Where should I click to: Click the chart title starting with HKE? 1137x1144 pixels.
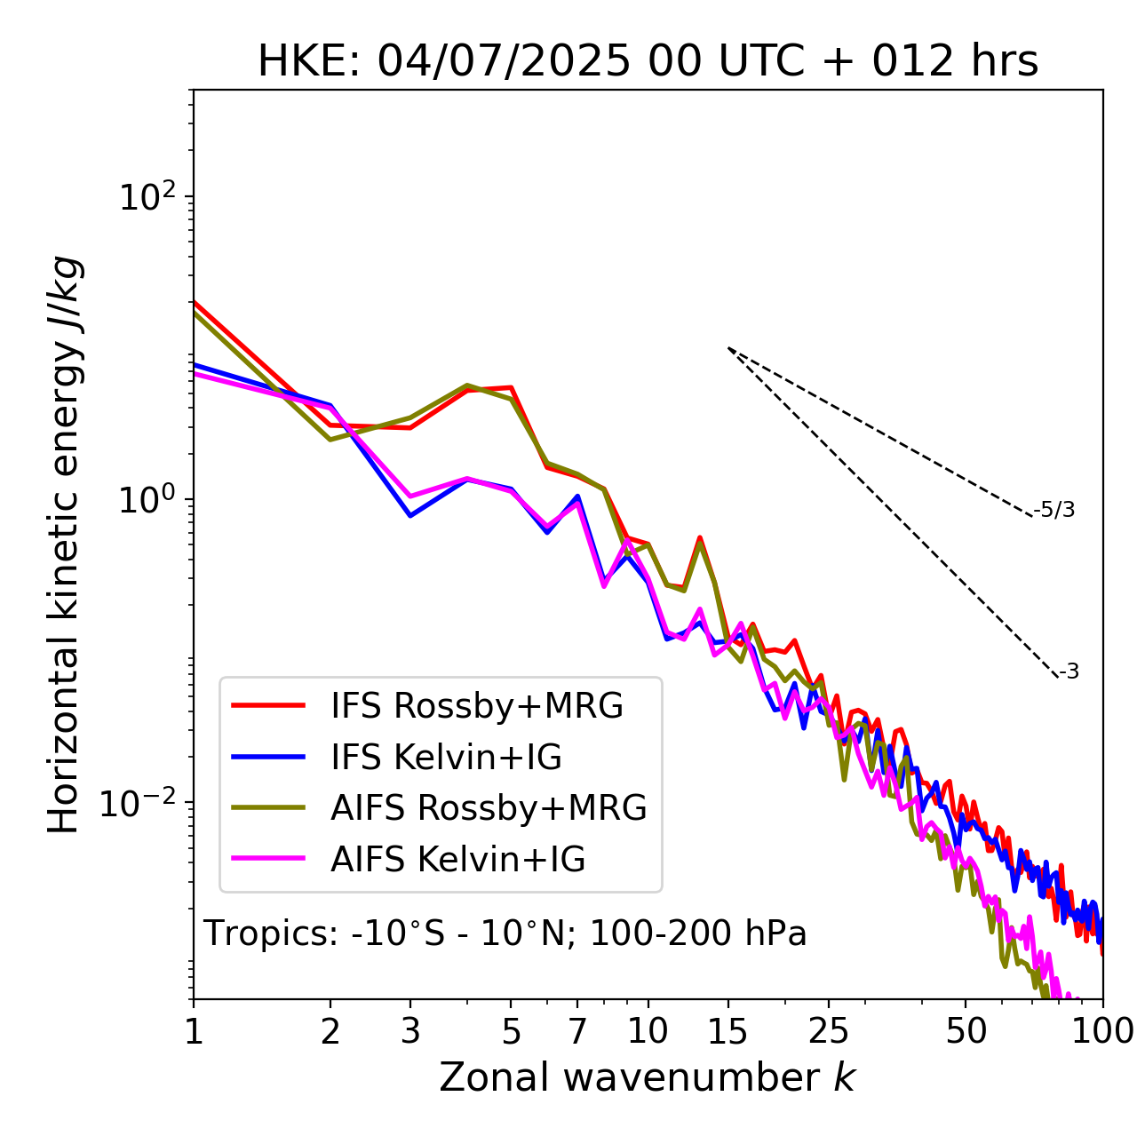click(x=648, y=62)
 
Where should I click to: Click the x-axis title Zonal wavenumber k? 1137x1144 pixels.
click(x=647, y=1077)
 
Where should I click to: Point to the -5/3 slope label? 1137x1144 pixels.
click(x=1054, y=510)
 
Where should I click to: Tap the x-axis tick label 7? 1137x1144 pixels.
click(x=578, y=1031)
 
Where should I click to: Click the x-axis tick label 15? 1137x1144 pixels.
click(x=728, y=1031)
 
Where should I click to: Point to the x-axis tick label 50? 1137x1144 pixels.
click(x=966, y=1031)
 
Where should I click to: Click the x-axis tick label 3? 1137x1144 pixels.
click(x=410, y=1031)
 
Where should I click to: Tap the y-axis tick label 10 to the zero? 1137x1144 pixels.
click(x=146, y=499)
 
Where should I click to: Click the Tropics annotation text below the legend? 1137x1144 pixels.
click(x=505, y=933)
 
